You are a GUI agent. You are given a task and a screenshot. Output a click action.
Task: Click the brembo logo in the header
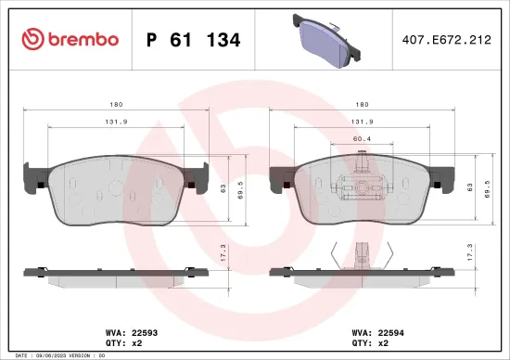pyautogui.click(x=70, y=39)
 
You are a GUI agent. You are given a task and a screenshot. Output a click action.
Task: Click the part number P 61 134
pyautogui.click(x=194, y=40)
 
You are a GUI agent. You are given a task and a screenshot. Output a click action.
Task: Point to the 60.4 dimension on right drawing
pyautogui.click(x=363, y=138)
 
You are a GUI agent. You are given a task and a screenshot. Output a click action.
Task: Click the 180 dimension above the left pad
pyautogui.click(x=116, y=105)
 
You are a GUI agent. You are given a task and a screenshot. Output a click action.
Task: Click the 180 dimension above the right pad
pyautogui.click(x=363, y=105)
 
